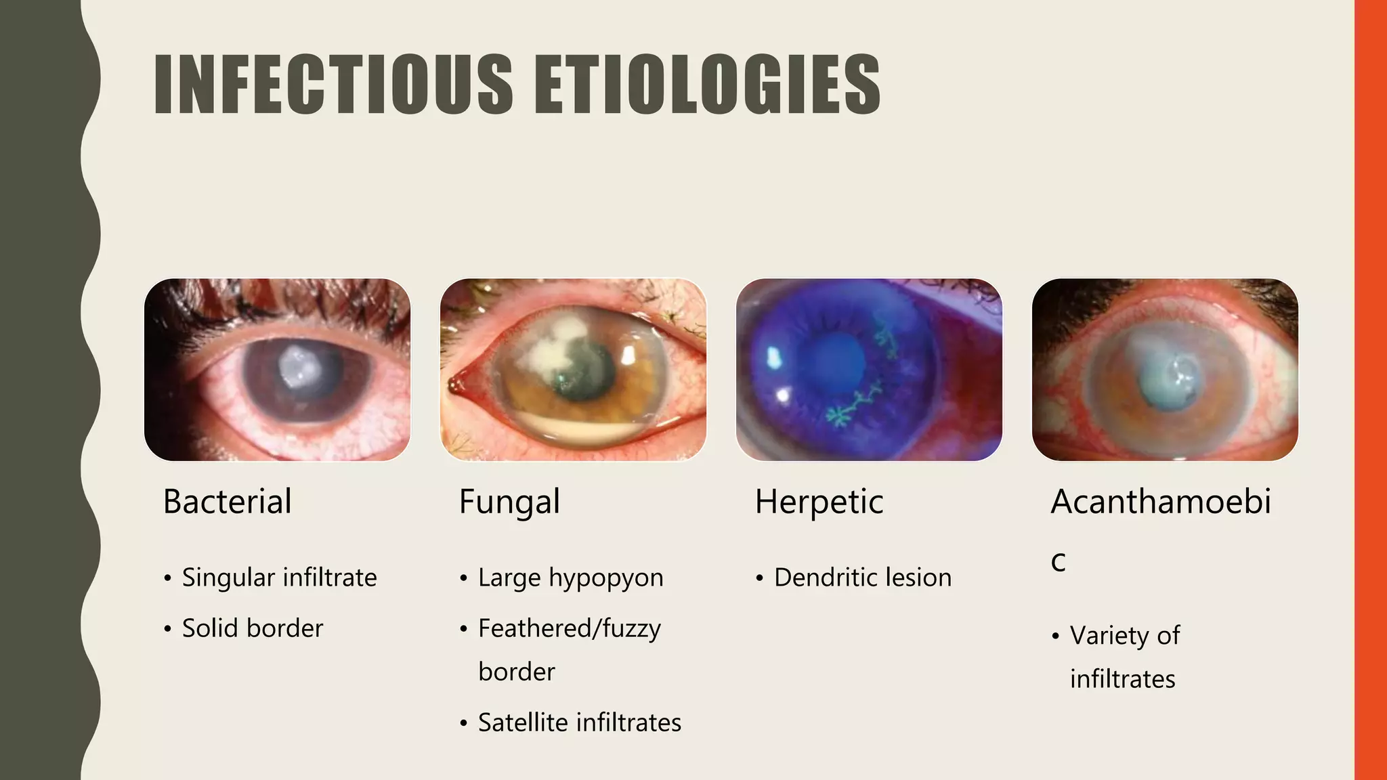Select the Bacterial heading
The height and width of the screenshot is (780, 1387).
228,502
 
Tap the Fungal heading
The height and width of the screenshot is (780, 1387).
509,502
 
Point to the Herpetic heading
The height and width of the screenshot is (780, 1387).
819,502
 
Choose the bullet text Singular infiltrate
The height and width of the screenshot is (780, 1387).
279,578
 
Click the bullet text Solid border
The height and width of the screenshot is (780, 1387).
253,628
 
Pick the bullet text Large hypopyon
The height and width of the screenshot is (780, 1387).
570,578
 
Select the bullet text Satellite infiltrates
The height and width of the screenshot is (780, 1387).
579,722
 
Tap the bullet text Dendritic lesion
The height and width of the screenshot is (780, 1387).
862,578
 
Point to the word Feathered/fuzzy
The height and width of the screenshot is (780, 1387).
569,628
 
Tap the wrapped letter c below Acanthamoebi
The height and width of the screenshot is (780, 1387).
1059,561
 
